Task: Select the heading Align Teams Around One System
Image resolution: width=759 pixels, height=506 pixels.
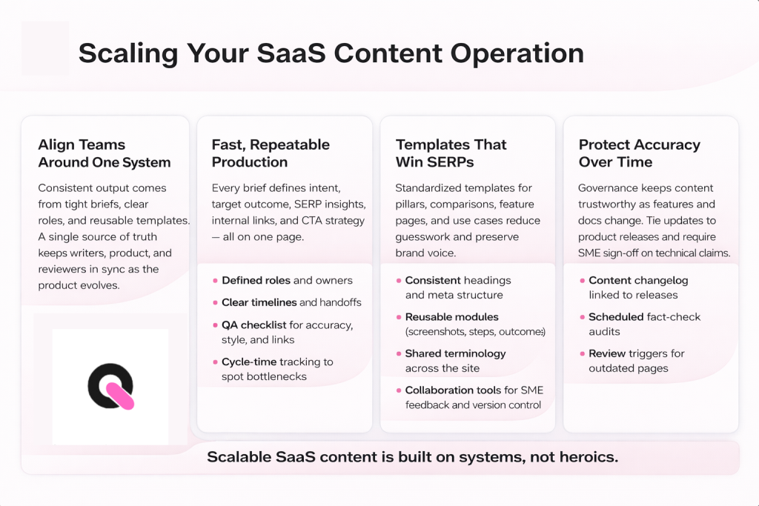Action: [x=105, y=153]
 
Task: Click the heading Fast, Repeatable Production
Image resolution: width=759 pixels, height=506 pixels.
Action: [x=271, y=153]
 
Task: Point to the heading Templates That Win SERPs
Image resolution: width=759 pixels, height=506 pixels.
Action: [x=451, y=153]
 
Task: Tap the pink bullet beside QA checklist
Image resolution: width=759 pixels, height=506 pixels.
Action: [x=215, y=324]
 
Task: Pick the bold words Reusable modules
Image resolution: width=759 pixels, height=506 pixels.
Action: [x=451, y=317]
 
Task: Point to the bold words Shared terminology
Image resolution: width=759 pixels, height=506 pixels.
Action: [x=455, y=353]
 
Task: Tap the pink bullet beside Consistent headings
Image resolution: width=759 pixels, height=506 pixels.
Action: [x=399, y=281]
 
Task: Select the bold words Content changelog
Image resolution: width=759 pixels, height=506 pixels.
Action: [x=638, y=281]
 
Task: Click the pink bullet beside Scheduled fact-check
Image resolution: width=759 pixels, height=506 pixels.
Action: [x=582, y=317]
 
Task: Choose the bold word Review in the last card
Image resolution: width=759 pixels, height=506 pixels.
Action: [x=607, y=353]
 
